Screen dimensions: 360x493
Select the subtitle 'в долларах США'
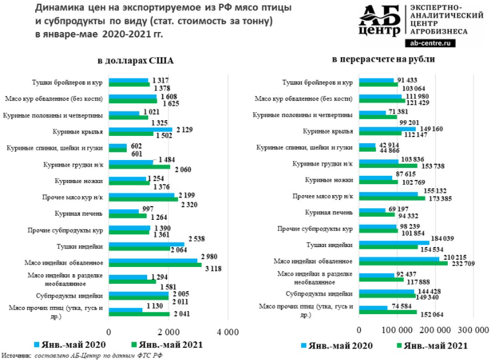pyautogui.click(x=136, y=62)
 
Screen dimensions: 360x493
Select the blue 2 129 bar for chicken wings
pyautogui.click(x=140, y=129)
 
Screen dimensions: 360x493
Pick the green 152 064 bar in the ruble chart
pyautogui.click(x=387, y=312)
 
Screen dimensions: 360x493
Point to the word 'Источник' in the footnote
pyautogui.click(x=16, y=355)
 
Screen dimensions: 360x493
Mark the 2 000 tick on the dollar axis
pyautogui.click(x=168, y=333)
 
